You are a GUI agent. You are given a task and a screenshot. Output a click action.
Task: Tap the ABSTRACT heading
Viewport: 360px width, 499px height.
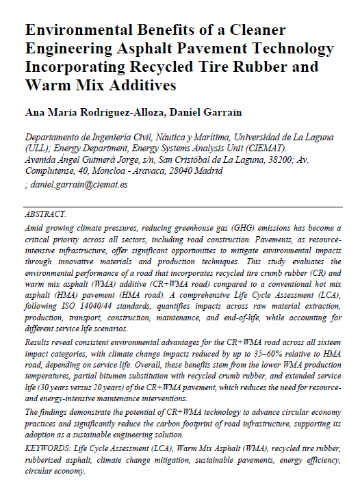(x=45, y=215)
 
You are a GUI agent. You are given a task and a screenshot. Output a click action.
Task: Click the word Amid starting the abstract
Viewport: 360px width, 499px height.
(x=34, y=227)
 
